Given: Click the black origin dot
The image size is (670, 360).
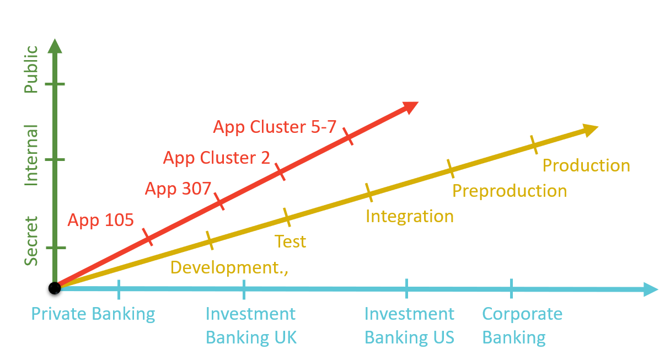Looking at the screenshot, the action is [x=55, y=288].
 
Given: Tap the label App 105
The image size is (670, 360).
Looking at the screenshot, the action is [x=100, y=221].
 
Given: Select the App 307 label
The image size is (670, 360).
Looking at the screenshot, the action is [x=178, y=189].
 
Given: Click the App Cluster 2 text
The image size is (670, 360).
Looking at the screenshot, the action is [x=217, y=158].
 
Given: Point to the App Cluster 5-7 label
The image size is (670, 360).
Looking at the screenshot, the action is [x=275, y=127].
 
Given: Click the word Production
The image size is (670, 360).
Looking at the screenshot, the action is [x=586, y=165].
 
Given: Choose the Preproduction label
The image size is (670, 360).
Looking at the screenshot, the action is [x=510, y=191].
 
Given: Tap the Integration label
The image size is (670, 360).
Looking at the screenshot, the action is [x=410, y=217].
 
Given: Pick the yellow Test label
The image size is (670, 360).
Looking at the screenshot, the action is [x=290, y=241].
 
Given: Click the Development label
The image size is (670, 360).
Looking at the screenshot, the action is [x=229, y=267].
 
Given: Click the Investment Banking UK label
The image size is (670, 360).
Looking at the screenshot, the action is [x=251, y=326].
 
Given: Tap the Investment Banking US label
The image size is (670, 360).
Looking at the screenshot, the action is [x=410, y=326].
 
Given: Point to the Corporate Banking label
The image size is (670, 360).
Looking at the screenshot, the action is [x=522, y=326].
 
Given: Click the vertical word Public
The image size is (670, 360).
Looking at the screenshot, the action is [x=31, y=69].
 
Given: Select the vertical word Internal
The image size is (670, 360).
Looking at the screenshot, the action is [x=31, y=155].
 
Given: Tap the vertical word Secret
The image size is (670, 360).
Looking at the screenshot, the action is [x=31, y=241].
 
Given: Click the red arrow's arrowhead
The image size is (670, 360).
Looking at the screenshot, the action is [x=410, y=107].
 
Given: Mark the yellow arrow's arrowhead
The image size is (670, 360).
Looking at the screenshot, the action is [x=591, y=130].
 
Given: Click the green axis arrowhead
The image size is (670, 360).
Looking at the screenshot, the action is [x=55, y=46].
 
